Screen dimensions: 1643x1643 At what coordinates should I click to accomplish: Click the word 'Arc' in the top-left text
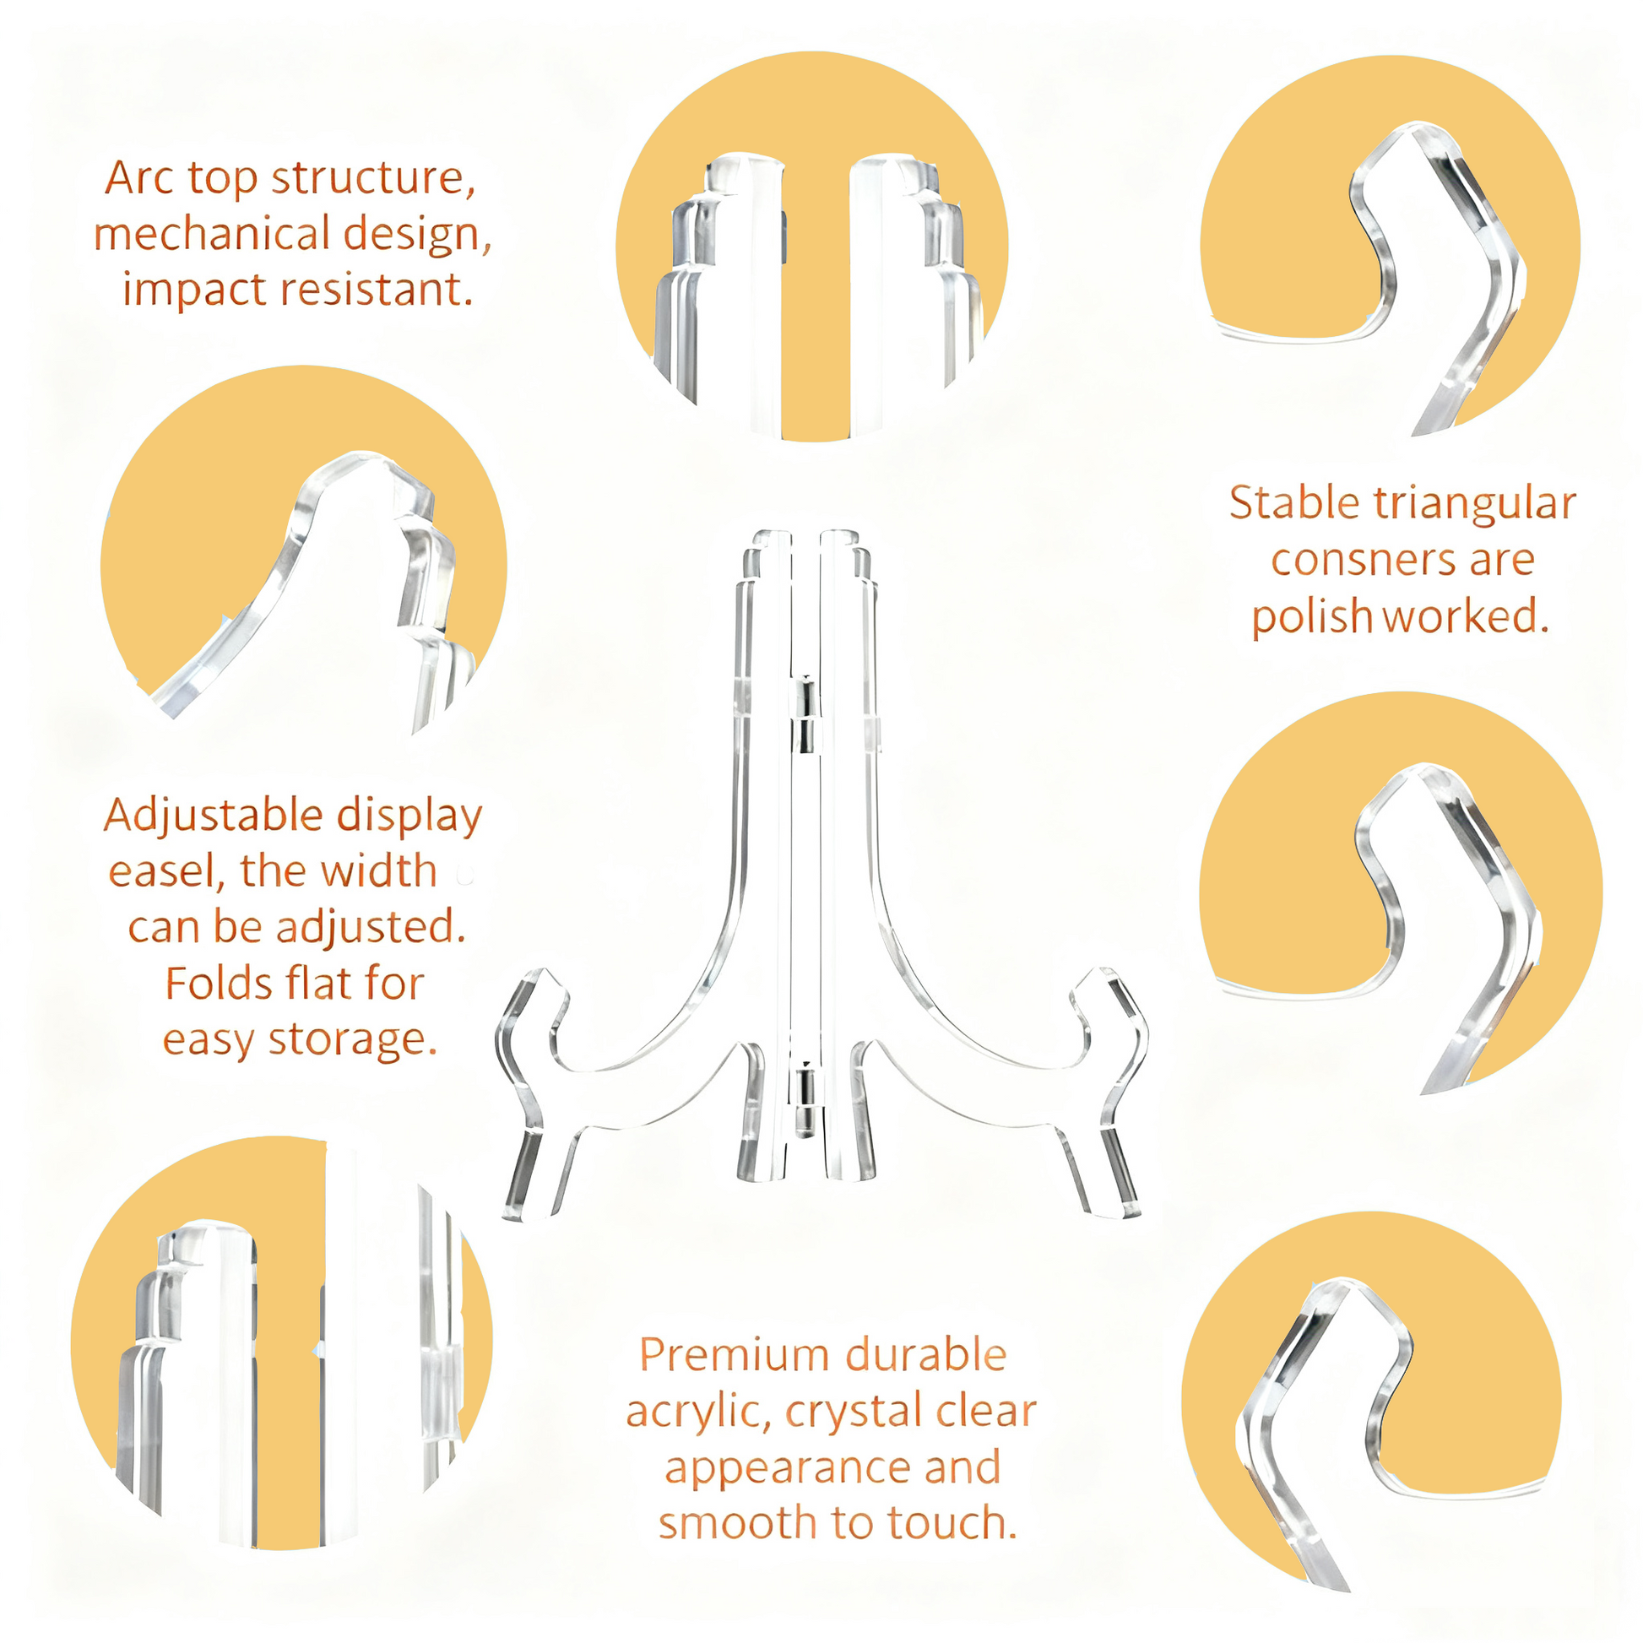(140, 178)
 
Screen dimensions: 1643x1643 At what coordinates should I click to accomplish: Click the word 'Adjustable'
(214, 816)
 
